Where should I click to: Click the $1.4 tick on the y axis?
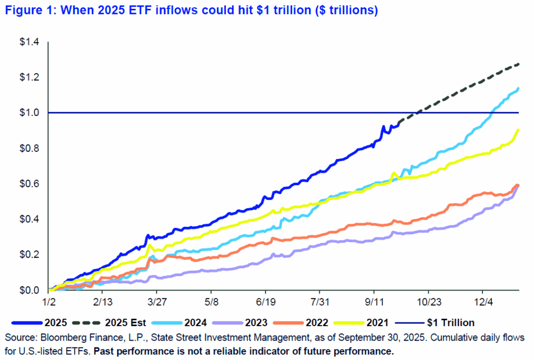(x=31, y=42)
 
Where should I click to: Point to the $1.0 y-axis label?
(x=31, y=113)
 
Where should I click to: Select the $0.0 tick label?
(x=31, y=290)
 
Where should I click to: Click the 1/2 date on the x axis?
(x=49, y=302)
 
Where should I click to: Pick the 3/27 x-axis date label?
(x=157, y=302)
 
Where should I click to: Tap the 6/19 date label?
(x=265, y=302)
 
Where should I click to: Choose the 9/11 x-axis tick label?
(x=374, y=302)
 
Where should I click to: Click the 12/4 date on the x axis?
(x=482, y=302)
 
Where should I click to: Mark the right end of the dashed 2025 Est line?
(x=518, y=64)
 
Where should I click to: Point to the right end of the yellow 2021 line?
(x=518, y=129)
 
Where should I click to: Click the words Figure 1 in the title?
(x=25, y=11)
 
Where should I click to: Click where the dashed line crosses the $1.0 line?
(x=417, y=113)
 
